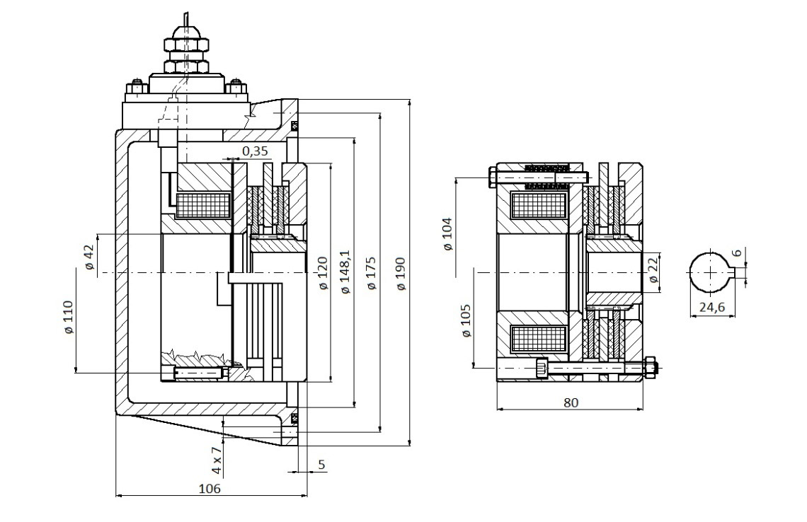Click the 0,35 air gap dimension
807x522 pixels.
255,151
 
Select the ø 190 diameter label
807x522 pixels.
401,274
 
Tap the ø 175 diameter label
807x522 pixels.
371,274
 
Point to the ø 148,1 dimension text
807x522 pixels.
345,272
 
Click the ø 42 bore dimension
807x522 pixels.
89,257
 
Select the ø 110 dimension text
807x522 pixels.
69,318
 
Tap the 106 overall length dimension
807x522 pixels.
210,488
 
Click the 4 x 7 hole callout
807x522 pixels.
217,460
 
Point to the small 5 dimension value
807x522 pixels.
321,465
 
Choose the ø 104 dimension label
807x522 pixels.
448,234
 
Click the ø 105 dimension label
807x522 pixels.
466,321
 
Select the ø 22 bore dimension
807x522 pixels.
653,271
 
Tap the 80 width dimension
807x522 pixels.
571,402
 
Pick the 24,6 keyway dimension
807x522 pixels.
711,307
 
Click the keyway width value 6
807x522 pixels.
737,253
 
